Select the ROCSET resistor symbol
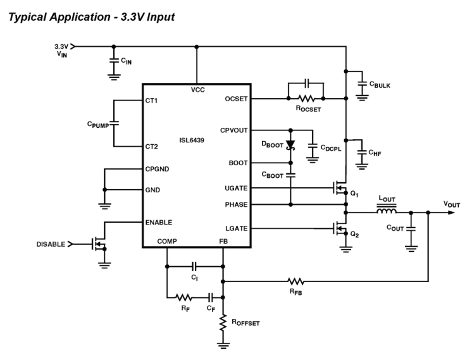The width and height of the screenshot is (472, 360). coord(306,98)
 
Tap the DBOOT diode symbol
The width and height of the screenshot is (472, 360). coord(290,146)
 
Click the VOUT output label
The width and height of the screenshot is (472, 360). coord(452,204)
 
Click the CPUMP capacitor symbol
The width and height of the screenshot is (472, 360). coord(114,123)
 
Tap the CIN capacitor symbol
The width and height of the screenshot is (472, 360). coord(113,61)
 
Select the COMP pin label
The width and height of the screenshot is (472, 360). coord(168,241)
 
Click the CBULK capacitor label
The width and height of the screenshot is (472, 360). coord(382,84)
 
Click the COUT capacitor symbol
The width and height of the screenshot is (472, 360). coord(411,230)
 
